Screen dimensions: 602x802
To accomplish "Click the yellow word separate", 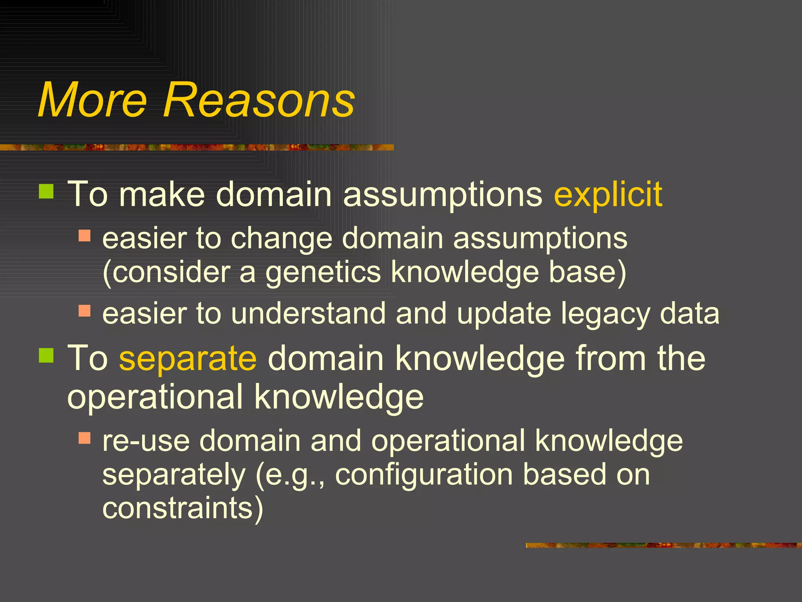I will click(x=188, y=359).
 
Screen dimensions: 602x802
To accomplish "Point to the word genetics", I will click(x=323, y=272).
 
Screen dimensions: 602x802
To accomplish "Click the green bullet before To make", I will click(x=46, y=192).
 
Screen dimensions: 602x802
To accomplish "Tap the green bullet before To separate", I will click(x=46, y=355).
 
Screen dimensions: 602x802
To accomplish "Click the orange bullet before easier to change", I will click(x=85, y=236).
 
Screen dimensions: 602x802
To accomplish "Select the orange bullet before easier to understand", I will click(x=85, y=311).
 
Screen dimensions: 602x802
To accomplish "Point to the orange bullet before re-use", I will click(x=85, y=438).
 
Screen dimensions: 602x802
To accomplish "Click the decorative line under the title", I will click(x=196, y=147).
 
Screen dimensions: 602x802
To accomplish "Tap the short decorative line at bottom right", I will click(x=663, y=545).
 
